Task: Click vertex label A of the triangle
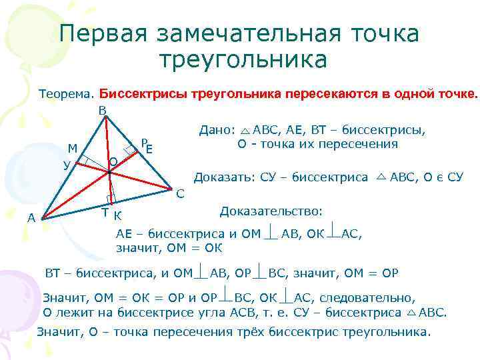pyautogui.click(x=31, y=217)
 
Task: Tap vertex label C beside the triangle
pyautogui.click(x=181, y=194)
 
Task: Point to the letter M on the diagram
pyautogui.click(x=73, y=148)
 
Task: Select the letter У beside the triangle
pyautogui.click(x=67, y=165)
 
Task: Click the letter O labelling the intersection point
pyautogui.click(x=113, y=162)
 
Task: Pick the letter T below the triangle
pyautogui.click(x=105, y=212)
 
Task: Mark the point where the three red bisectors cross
pyautogui.click(x=109, y=172)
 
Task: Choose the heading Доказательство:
pyautogui.click(x=271, y=211)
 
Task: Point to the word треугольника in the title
pyautogui.click(x=243, y=60)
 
